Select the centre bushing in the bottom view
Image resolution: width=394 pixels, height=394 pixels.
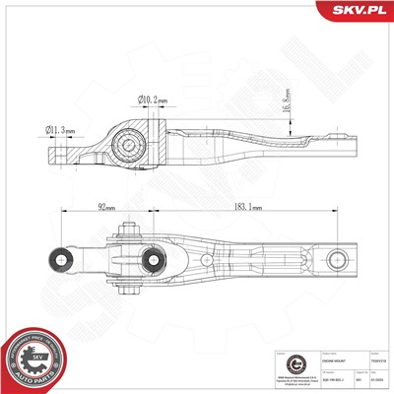coord(155,261)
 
